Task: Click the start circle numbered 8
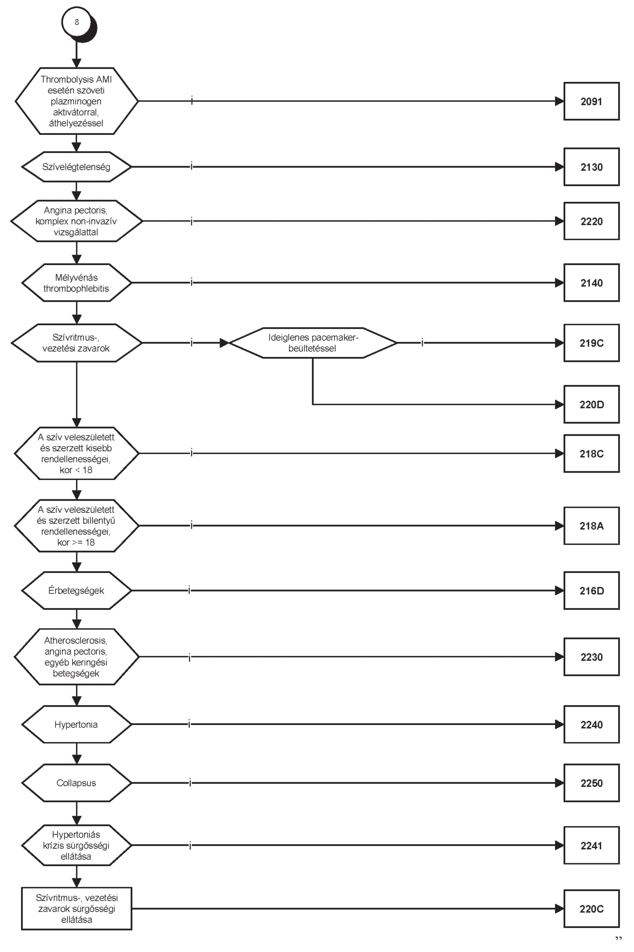(77, 22)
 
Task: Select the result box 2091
(592, 101)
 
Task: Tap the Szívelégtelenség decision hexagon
(76, 167)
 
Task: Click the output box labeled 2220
(592, 221)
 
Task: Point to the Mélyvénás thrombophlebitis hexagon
(76, 283)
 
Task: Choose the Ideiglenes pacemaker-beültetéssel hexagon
(313, 343)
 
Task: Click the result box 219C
(592, 343)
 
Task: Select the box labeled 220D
(592, 405)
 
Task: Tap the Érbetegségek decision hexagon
(76, 591)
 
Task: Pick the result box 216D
(592, 591)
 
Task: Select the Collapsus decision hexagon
(76, 783)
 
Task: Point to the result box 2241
(592, 846)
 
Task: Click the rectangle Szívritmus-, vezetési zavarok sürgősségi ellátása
(76, 909)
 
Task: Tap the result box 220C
(592, 909)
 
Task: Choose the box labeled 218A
(592, 526)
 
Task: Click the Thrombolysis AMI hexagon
(76, 101)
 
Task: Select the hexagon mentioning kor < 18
(76, 453)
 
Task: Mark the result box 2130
(592, 167)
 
